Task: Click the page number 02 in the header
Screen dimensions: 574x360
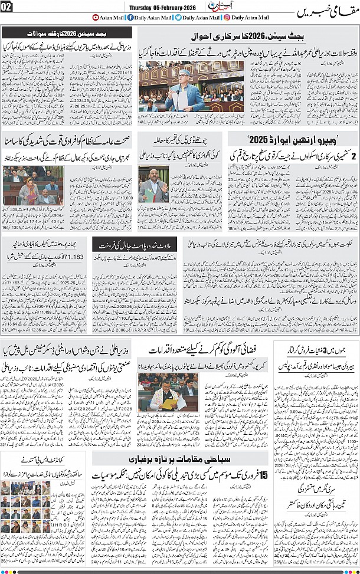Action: [7, 8]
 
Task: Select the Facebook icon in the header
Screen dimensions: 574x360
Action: [130, 18]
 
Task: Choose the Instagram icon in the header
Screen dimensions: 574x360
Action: [228, 18]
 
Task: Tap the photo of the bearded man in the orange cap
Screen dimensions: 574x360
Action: [153, 185]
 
